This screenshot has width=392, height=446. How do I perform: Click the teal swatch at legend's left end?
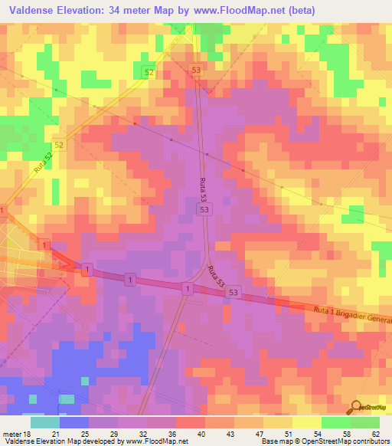pyautogui.click(x=45, y=422)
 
